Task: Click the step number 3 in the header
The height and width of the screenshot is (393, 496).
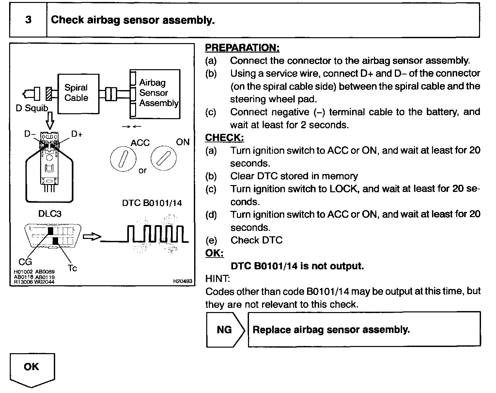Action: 28,20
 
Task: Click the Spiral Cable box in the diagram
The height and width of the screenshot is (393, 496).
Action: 78,94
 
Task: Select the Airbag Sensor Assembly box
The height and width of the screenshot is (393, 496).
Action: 155,94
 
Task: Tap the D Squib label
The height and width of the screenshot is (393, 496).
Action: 32,108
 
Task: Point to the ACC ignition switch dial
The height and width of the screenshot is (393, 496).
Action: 123,159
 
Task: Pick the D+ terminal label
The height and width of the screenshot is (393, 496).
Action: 77,134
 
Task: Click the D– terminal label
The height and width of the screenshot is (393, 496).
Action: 30,134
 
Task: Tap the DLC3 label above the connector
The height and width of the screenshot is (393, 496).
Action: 50,214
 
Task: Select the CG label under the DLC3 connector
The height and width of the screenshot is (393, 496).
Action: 25,261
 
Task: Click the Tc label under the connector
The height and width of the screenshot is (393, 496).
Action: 72,268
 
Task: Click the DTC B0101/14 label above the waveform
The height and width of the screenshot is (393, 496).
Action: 152,203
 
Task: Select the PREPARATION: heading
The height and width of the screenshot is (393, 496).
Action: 242,48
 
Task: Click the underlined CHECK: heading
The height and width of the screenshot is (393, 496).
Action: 224,138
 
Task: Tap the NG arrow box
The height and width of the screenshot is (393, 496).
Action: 225,330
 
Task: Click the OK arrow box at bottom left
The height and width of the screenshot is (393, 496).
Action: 32,369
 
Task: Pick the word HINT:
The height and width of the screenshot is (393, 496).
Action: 218,279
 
